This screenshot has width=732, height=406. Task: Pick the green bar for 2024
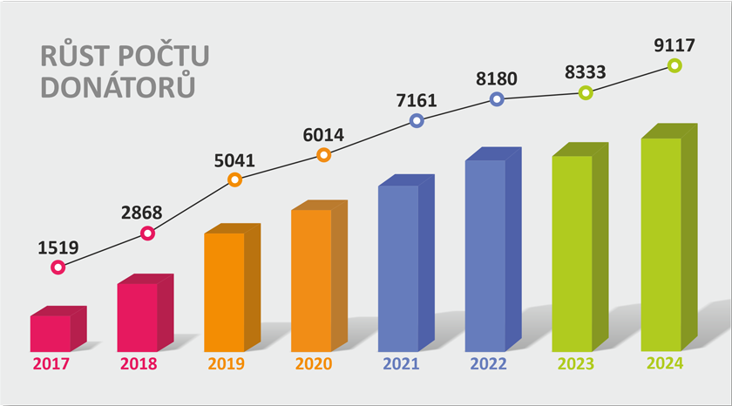click(661, 244)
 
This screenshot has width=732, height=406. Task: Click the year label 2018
click(139, 364)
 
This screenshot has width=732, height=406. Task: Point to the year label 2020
click(313, 364)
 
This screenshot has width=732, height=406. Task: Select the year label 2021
click(400, 364)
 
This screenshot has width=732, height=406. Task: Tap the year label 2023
click(574, 364)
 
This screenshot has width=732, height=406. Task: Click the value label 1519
click(58, 247)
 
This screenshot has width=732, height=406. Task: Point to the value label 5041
click(234, 160)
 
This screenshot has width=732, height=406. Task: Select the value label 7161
click(416, 100)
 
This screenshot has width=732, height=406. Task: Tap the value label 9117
click(674, 45)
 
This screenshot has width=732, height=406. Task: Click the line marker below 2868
click(147, 233)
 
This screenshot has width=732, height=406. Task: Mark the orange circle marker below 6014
click(323, 155)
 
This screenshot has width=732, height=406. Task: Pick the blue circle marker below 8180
click(497, 99)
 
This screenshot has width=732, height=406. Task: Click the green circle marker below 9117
click(674, 65)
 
